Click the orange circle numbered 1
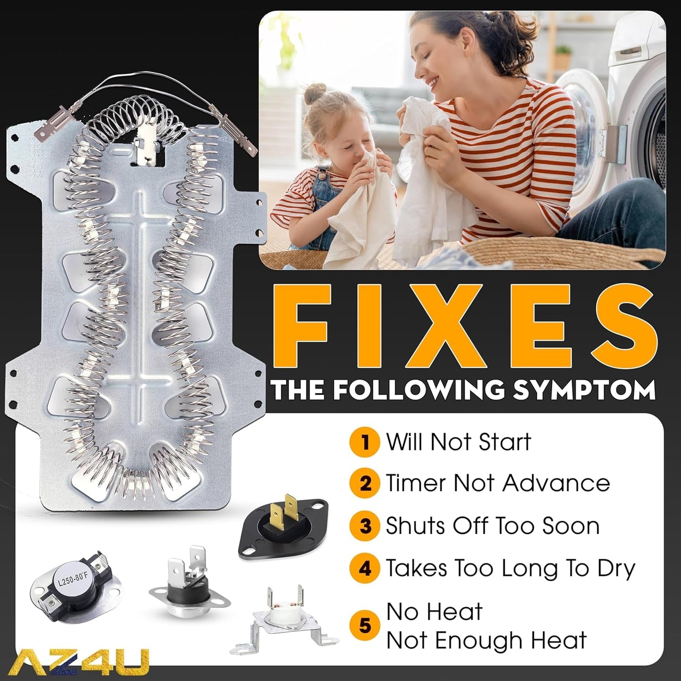(x=365, y=442)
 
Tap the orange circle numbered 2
(x=365, y=484)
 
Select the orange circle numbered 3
(x=365, y=526)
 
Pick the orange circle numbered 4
(x=365, y=569)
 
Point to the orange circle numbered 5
(x=365, y=626)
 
